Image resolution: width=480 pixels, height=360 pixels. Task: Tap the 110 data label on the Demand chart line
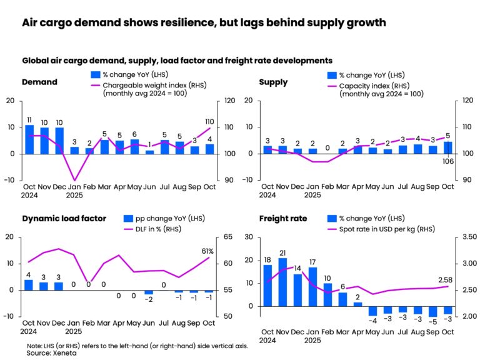(209, 122)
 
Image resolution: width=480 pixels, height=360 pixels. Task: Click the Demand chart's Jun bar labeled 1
(149, 152)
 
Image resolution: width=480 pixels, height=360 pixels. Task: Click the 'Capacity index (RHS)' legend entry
(377, 85)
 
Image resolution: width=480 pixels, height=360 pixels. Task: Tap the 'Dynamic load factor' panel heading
(64, 218)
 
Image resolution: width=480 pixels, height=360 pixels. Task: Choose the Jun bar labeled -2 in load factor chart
(149, 292)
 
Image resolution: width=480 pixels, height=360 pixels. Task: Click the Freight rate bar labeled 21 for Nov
(282, 282)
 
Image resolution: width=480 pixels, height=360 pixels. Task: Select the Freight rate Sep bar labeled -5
(432, 312)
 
